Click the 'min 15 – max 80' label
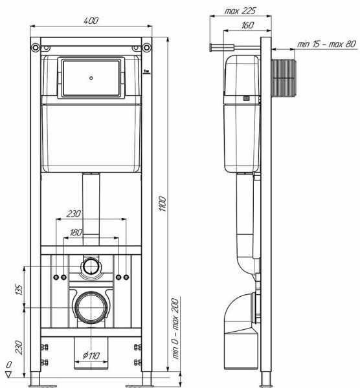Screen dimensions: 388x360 click(326, 43)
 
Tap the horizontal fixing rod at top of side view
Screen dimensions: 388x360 click(236, 47)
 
